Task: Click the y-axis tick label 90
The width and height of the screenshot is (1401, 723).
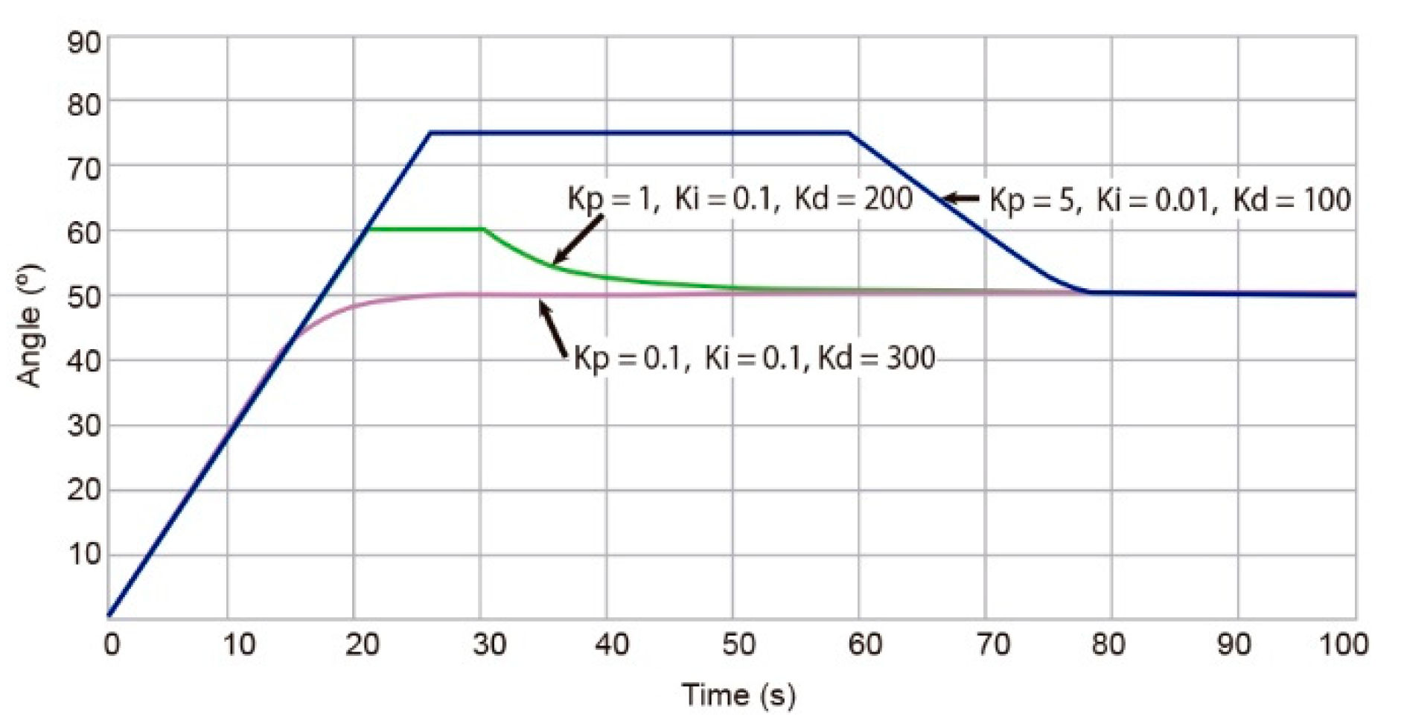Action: pos(84,43)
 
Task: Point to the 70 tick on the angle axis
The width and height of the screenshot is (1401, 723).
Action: pos(84,168)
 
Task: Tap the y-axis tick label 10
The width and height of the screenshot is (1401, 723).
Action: pos(84,554)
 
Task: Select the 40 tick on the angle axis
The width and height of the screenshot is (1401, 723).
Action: pos(84,361)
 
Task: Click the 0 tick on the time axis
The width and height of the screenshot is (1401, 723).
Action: pos(112,644)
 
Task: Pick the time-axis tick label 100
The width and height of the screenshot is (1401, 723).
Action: pos(1343,644)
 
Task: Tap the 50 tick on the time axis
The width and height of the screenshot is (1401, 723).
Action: pos(738,644)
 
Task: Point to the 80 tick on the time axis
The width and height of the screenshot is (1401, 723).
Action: pos(1108,644)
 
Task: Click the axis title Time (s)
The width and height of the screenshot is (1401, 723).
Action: pos(738,695)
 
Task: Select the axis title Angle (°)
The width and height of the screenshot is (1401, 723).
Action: pos(30,325)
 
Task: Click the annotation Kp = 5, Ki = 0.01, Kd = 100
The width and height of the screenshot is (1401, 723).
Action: pos(1169,200)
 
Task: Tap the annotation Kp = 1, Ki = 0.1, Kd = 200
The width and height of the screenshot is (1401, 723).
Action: pos(740,199)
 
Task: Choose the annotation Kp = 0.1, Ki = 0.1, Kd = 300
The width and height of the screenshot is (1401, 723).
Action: pos(754,358)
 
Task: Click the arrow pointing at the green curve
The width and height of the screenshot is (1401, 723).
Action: pos(578,240)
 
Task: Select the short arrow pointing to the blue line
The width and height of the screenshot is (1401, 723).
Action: pos(961,199)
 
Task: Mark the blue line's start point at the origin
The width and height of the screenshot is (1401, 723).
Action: pos(109,615)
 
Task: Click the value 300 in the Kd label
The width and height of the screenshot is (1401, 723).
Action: pos(910,358)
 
